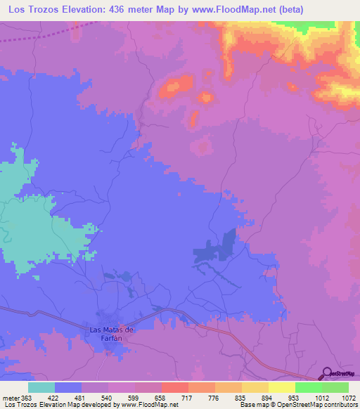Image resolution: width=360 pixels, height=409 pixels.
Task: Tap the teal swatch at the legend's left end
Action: pos(41,387)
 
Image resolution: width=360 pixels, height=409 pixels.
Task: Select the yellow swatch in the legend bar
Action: pos(282,387)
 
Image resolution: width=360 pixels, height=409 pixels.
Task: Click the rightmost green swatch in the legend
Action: pos(335,387)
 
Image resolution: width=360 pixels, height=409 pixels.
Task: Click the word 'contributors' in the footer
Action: pos(341,405)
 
